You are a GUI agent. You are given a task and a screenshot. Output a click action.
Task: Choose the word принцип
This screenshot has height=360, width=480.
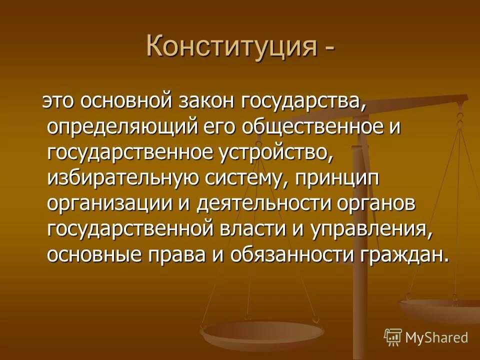point(337,178)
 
